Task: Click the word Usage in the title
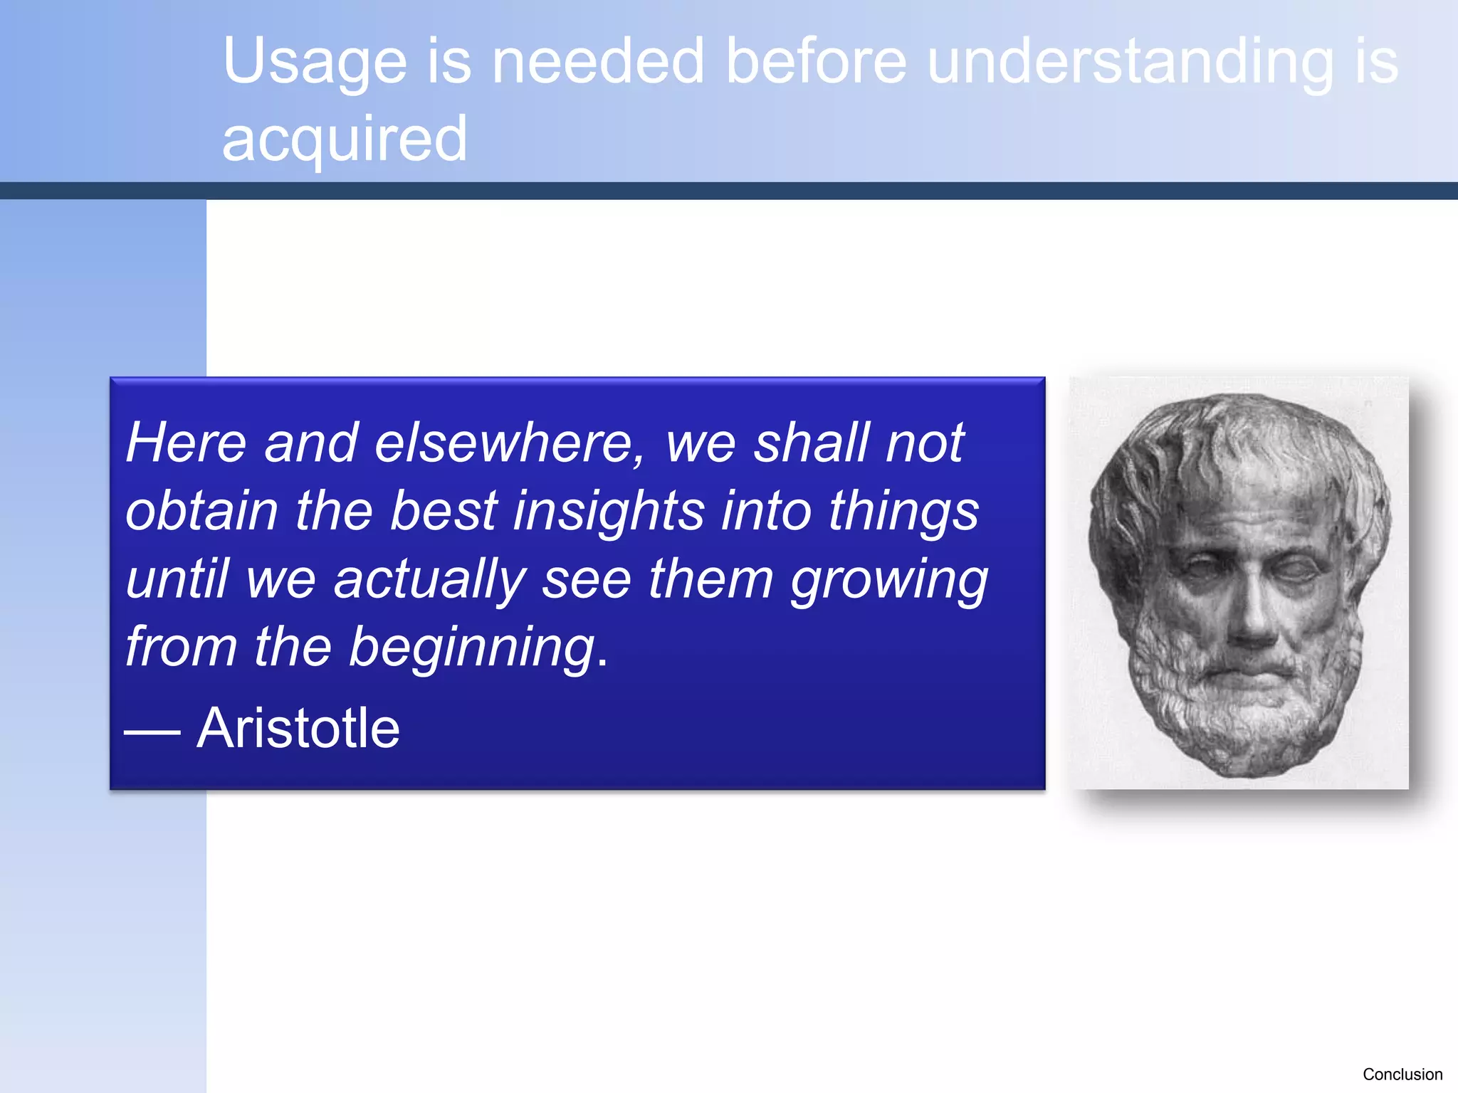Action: (315, 63)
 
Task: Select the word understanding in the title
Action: (1131, 63)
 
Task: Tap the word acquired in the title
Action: (345, 139)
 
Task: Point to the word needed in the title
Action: (598, 61)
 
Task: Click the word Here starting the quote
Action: (186, 443)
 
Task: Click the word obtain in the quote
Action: (201, 511)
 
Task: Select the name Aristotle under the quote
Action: (298, 728)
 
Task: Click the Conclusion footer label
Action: (1402, 1074)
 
